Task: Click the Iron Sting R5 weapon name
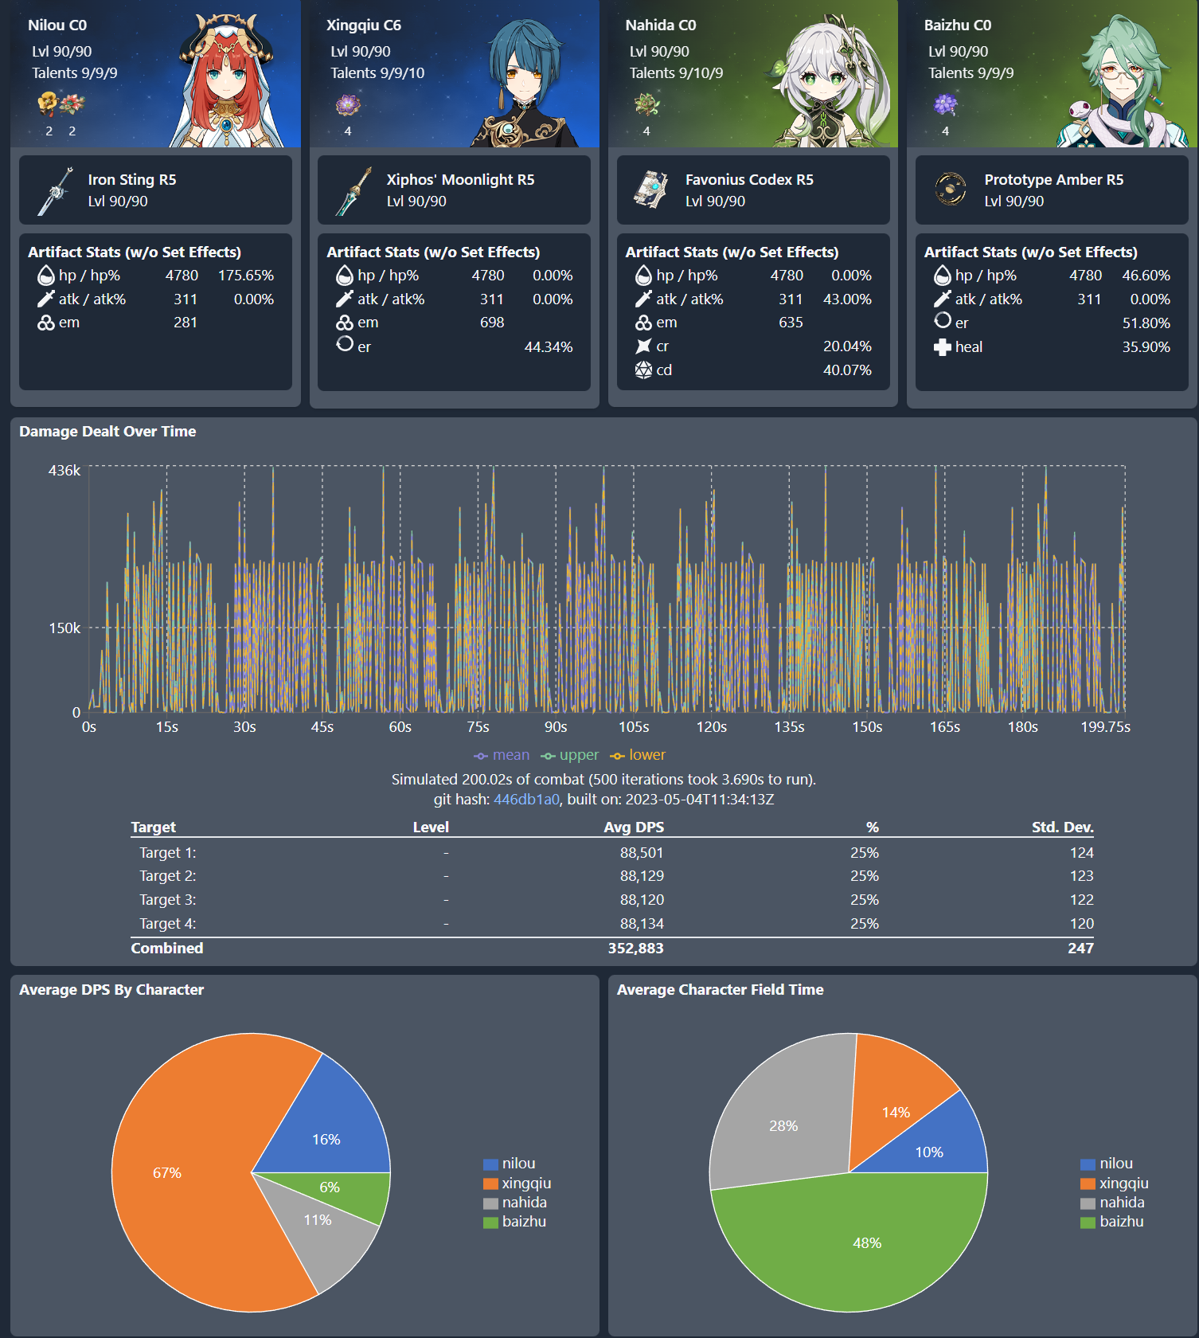click(x=132, y=180)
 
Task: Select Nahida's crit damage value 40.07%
click(x=847, y=370)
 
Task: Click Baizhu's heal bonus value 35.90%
click(x=1146, y=347)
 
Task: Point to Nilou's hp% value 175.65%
click(x=245, y=276)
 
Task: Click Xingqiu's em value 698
click(x=491, y=323)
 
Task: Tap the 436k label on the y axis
click(x=64, y=471)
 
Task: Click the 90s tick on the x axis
click(x=556, y=727)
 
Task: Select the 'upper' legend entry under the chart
click(x=570, y=755)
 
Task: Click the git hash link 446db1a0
click(x=526, y=800)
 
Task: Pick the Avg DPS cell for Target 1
click(x=641, y=853)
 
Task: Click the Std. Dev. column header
click(x=1062, y=827)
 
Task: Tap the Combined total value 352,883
click(x=635, y=949)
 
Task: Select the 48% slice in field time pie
click(x=860, y=1250)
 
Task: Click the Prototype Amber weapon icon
click(x=950, y=190)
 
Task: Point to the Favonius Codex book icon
click(x=651, y=190)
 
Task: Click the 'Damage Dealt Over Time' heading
click(x=107, y=432)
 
